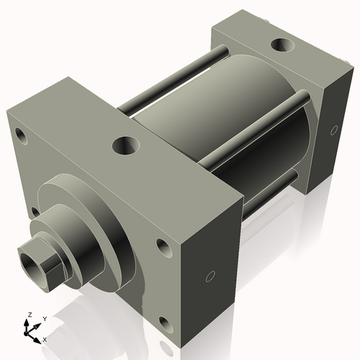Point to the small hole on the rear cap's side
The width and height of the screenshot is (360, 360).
[x=333, y=130]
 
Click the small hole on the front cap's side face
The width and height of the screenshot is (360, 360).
[x=210, y=276]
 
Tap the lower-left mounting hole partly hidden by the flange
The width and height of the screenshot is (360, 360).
[x=35, y=212]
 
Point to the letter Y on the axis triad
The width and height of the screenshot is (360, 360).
[x=44, y=318]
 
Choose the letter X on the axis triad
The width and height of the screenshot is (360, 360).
[x=45, y=338]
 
